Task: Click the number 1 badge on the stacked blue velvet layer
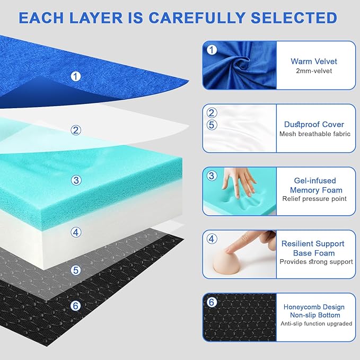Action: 76,76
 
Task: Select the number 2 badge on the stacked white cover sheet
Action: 76,130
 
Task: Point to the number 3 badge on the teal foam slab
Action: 76,180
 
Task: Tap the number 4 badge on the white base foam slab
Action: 76,232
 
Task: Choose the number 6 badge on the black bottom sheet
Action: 76,306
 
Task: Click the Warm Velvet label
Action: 313,61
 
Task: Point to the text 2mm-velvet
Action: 313,71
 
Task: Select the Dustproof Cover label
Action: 314,124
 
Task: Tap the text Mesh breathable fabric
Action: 314,134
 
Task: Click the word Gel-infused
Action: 315,180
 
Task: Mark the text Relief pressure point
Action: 314,199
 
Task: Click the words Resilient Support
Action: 313,243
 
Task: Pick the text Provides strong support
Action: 316,261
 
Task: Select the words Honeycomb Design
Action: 313,307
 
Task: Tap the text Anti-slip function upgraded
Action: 316,323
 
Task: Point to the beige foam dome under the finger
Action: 236,259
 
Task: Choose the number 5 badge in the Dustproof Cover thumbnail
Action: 212,125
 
